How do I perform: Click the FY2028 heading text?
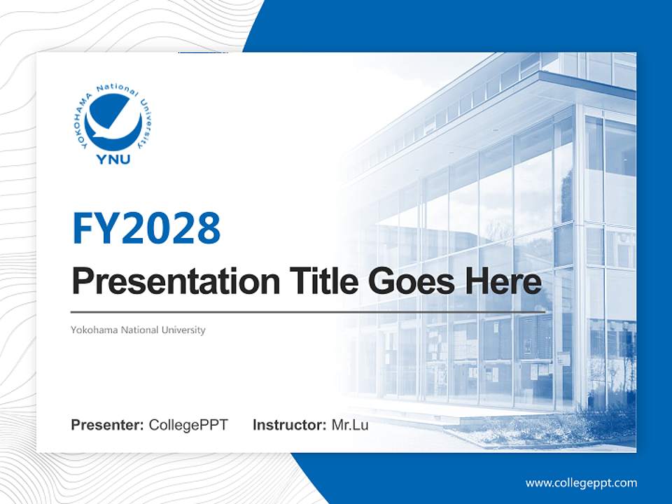[x=146, y=228]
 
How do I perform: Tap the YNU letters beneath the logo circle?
[x=113, y=160]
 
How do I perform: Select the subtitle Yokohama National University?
[x=138, y=330]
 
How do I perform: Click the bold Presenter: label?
[x=108, y=425]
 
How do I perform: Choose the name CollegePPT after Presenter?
[x=188, y=425]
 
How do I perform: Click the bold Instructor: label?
[x=289, y=425]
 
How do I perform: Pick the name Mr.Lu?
[x=350, y=425]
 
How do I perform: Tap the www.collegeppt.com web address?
[x=581, y=483]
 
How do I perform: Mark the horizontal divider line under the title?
[x=308, y=311]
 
